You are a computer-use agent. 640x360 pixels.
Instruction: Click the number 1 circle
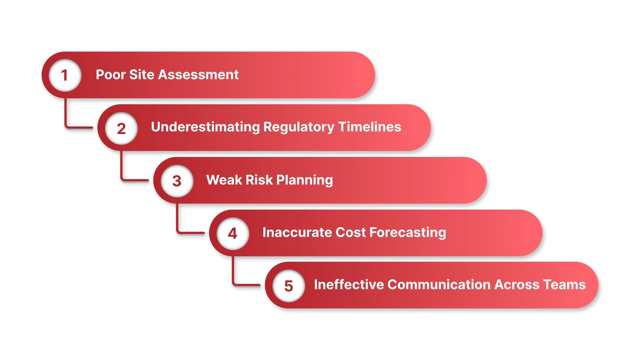click(x=65, y=75)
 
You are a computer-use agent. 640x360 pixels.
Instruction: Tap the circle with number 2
click(x=121, y=128)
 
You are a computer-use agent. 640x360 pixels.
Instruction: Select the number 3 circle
click(x=177, y=181)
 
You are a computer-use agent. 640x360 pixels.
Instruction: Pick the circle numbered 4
click(x=233, y=233)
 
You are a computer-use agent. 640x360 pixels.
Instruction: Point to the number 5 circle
click(x=289, y=286)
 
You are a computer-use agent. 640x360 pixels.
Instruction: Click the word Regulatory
click(x=299, y=127)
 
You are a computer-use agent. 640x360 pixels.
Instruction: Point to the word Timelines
click(x=370, y=127)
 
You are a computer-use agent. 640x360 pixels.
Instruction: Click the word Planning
click(x=304, y=180)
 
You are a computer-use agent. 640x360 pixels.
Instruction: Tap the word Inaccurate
click(x=297, y=232)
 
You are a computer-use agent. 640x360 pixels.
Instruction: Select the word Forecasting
click(x=408, y=232)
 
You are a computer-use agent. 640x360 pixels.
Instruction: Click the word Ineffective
click(x=349, y=285)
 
